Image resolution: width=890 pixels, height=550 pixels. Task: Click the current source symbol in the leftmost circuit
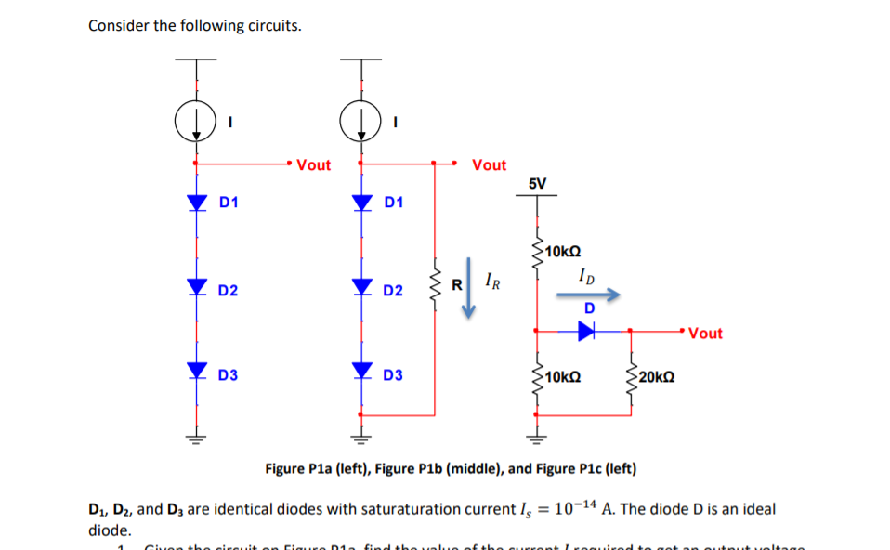tap(194, 122)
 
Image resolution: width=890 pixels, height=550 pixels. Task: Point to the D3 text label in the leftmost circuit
tap(228, 375)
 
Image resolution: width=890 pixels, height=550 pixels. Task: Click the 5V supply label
tap(537, 183)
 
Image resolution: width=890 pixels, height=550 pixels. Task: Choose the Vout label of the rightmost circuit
tap(705, 334)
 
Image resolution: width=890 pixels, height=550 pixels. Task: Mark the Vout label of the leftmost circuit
tap(314, 165)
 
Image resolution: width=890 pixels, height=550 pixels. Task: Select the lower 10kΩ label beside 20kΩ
tap(564, 377)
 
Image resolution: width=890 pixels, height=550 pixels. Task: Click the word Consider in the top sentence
tap(119, 25)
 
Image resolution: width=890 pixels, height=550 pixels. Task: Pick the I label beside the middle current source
tap(396, 122)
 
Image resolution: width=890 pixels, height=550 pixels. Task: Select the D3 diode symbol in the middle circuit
tap(360, 373)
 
